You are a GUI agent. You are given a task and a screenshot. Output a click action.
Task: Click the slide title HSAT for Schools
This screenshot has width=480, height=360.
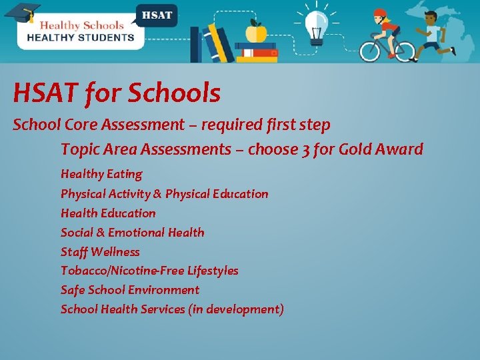click(116, 94)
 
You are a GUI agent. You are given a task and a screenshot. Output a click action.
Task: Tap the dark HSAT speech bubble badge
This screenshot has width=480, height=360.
click(157, 15)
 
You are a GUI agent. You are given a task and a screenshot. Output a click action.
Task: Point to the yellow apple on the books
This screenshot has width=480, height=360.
click(256, 31)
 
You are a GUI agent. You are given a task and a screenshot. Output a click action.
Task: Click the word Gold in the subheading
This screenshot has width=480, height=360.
click(357, 149)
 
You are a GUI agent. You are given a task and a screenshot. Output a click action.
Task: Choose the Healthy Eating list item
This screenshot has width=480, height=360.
click(101, 174)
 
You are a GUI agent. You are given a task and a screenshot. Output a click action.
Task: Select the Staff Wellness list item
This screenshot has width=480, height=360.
click(100, 252)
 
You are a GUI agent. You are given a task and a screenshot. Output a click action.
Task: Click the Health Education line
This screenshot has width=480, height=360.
click(108, 213)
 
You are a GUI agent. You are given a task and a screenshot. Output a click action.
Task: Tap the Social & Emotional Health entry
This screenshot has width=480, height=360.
click(132, 233)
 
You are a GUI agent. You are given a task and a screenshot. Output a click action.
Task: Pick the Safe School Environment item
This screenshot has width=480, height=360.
click(130, 290)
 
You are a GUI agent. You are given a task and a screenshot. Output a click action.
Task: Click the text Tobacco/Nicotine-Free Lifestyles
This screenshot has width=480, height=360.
click(149, 271)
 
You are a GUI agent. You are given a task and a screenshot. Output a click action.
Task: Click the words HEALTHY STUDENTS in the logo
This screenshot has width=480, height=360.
click(80, 38)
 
